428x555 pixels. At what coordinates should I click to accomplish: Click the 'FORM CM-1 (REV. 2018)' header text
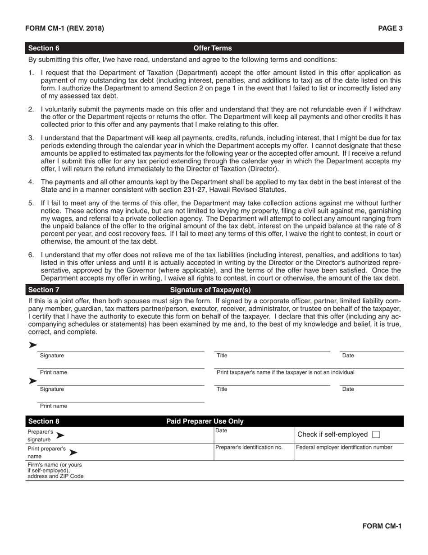[64, 28]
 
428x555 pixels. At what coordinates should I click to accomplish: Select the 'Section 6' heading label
[44, 48]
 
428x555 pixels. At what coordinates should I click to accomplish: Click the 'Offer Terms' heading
[213, 48]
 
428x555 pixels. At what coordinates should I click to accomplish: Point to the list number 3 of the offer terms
[31, 137]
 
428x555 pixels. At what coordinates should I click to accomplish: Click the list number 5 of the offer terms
[31, 203]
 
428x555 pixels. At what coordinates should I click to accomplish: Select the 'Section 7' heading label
[44, 290]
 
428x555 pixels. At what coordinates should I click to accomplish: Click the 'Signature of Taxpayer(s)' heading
[210, 290]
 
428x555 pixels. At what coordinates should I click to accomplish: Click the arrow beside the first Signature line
[32, 345]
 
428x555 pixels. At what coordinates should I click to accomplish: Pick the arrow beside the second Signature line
[32, 381]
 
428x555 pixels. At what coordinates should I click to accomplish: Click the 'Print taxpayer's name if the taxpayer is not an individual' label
[286, 372]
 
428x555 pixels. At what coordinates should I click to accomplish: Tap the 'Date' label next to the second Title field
[348, 389]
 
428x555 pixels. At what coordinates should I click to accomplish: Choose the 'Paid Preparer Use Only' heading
[205, 421]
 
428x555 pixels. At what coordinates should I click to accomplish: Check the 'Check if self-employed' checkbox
[376, 435]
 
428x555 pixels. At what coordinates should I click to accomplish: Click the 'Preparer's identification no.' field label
[249, 448]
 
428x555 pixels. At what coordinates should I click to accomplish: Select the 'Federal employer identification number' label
[344, 448]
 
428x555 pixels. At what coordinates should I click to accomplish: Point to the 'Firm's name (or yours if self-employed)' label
[55, 470]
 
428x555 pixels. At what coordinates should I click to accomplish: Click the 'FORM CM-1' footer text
[382, 526]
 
